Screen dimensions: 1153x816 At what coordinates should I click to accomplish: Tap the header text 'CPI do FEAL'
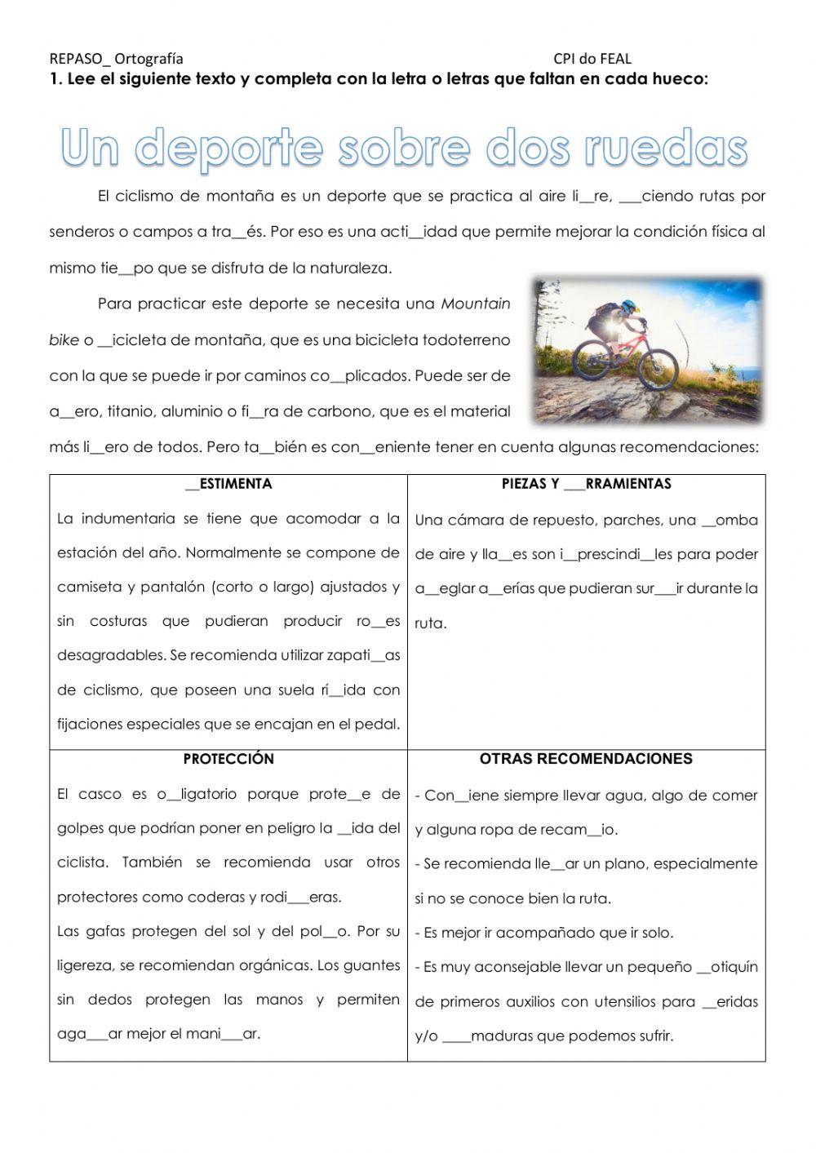[592, 58]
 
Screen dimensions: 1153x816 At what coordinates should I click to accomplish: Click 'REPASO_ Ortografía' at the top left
[116, 58]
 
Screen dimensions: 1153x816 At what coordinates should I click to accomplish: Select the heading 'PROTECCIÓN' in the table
[228, 759]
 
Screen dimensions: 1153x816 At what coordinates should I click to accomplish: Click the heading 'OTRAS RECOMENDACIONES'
[586, 759]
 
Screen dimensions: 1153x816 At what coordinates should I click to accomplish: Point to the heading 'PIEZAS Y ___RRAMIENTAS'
[586, 484]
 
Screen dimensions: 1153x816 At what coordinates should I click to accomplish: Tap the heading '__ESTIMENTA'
[228, 484]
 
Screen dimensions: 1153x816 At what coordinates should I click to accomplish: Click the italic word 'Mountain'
[476, 304]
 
